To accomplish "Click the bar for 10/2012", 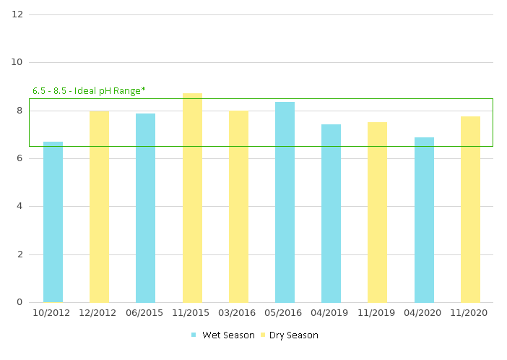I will (x=53, y=222).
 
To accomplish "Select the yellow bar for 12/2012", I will (x=99, y=207).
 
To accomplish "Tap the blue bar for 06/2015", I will (x=145, y=208).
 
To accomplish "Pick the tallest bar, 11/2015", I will (x=192, y=198).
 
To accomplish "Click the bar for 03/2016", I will (x=238, y=207).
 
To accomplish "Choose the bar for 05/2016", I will (x=285, y=202).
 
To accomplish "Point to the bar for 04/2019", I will (x=331, y=213).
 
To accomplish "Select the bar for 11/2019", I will (x=377, y=213).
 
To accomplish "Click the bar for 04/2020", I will (x=424, y=220).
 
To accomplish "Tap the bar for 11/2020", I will (x=470, y=210).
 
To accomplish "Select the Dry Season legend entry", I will (x=289, y=335).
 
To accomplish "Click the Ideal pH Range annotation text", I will (x=89, y=91).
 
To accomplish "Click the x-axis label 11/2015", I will (x=192, y=313).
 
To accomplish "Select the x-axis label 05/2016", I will (x=285, y=313).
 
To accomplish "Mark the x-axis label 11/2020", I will (x=470, y=313).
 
